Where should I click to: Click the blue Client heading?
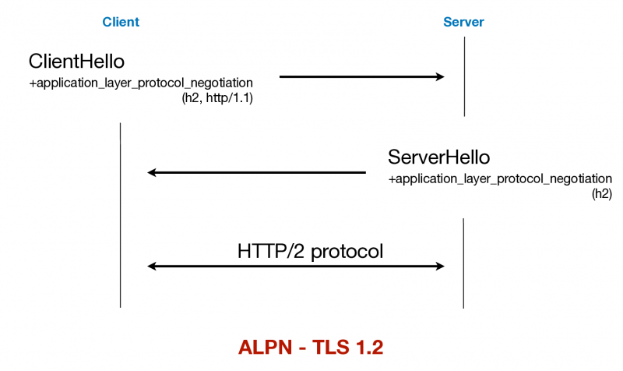[121, 23]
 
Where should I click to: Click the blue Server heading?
[463, 23]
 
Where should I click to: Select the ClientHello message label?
[76, 61]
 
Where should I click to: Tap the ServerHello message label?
[438, 157]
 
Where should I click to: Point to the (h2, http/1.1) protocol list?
[217, 98]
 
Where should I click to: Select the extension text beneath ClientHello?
[141, 82]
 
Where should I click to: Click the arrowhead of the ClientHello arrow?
[439, 76]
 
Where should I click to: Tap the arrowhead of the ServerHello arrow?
[153, 172]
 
